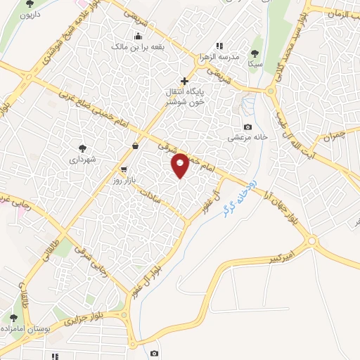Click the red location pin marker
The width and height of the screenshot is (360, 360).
click(180, 165)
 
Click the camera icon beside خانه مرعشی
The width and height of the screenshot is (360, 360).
click(247, 127)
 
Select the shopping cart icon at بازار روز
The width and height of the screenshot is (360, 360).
click(124, 169)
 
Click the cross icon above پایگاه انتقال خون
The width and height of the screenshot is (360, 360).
click(184, 82)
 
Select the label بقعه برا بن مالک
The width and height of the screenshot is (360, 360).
click(138, 46)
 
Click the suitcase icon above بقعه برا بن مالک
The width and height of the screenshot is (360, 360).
click(138, 36)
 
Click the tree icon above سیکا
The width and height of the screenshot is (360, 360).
click(255, 52)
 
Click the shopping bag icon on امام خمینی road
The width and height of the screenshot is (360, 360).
click(134, 146)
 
